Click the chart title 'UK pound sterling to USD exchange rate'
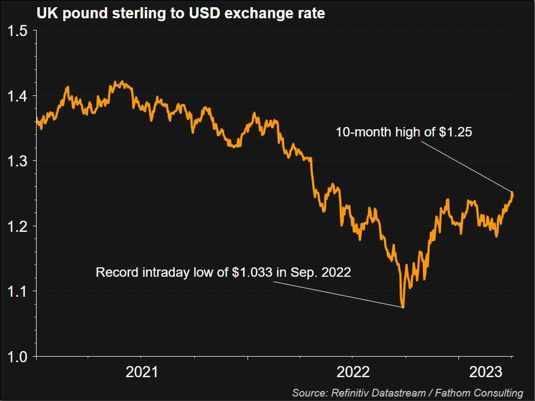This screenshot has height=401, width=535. coord(180,14)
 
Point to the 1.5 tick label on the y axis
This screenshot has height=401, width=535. coord(18,31)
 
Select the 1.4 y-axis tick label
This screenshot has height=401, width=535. coord(18,97)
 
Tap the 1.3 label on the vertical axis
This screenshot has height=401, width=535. coord(18,161)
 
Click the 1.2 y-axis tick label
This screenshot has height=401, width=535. coord(18,226)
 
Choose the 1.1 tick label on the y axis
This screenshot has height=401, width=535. coord(18,291)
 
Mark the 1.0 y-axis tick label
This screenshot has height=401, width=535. coord(18,356)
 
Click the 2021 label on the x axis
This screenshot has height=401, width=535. coord(142,371)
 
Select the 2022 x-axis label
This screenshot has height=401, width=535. coord(353,371)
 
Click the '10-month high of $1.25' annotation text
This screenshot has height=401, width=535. coord(403,132)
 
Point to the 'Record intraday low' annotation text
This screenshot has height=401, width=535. coord(223,272)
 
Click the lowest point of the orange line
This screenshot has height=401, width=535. coord(403,307)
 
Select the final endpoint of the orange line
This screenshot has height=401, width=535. coord(512,195)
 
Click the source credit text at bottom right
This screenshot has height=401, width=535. coord(407,393)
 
